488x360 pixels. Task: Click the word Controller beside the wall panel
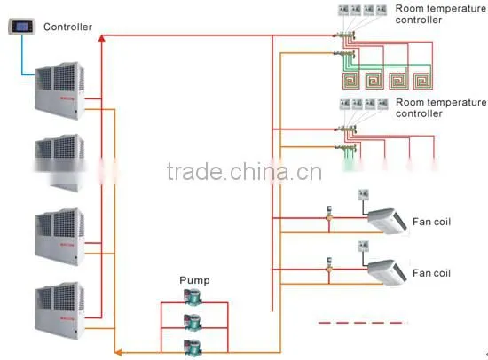(x=67, y=27)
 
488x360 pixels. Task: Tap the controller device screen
(x=22, y=27)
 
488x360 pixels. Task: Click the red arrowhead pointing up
(x=101, y=38)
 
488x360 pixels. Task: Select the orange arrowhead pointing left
(x=118, y=353)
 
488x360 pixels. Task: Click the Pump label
(x=194, y=280)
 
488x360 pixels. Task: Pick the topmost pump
(x=193, y=297)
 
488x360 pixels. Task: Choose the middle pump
(x=193, y=323)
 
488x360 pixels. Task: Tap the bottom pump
(x=193, y=348)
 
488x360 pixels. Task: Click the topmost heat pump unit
(x=59, y=90)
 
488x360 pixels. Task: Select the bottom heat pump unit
(x=59, y=310)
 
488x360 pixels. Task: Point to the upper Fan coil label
(x=431, y=222)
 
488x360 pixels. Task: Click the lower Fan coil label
(x=431, y=273)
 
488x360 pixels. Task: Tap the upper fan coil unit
(x=387, y=221)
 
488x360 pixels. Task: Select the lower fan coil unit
(x=387, y=272)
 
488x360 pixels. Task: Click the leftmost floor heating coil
(x=351, y=81)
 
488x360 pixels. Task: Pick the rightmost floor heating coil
(x=422, y=81)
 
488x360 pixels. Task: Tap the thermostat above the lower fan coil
(x=363, y=247)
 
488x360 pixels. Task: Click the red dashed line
(x=362, y=323)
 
